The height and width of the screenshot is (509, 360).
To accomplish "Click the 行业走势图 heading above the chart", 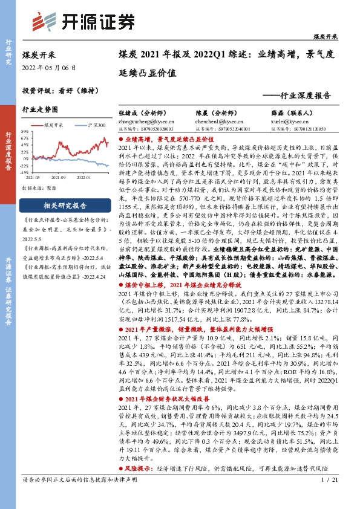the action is point(40,110).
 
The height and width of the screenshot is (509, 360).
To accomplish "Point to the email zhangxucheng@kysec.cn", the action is point(142,121).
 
